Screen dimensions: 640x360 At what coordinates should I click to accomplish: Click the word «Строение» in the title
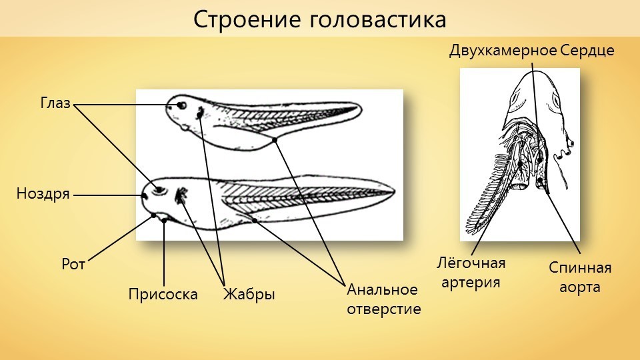pos(247,19)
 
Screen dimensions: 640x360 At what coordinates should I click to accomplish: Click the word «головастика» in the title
pos(378,19)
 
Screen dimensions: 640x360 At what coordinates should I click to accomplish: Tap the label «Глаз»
pos(55,103)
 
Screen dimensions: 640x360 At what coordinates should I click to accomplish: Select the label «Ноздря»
pos(43,194)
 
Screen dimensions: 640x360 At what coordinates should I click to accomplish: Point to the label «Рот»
pos(73,265)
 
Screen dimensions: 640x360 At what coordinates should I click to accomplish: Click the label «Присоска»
pos(163,294)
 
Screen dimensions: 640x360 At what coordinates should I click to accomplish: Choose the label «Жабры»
pos(249,294)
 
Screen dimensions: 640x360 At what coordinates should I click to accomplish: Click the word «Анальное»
pos(383,289)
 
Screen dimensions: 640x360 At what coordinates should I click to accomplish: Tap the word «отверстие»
pos(384,309)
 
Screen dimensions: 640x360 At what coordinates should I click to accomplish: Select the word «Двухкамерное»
pos(503,51)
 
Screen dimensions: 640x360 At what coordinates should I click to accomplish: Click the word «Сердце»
pos(587,51)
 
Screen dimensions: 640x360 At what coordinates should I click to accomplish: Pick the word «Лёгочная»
pos(471,263)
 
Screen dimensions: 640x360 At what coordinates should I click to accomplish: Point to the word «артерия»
pos(471,283)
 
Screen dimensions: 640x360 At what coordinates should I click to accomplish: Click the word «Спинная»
pos(580,268)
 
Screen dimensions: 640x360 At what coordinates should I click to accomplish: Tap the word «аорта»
pos(579,287)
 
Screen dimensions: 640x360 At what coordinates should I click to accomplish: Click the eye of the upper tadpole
pos(181,106)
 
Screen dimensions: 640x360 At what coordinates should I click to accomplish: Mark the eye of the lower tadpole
pos(159,190)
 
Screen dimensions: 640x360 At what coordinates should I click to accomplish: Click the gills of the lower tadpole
pos(181,195)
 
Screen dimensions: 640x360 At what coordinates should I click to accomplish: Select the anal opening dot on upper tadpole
pos(275,140)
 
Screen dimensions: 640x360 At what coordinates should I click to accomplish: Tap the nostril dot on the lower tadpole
pos(144,195)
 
